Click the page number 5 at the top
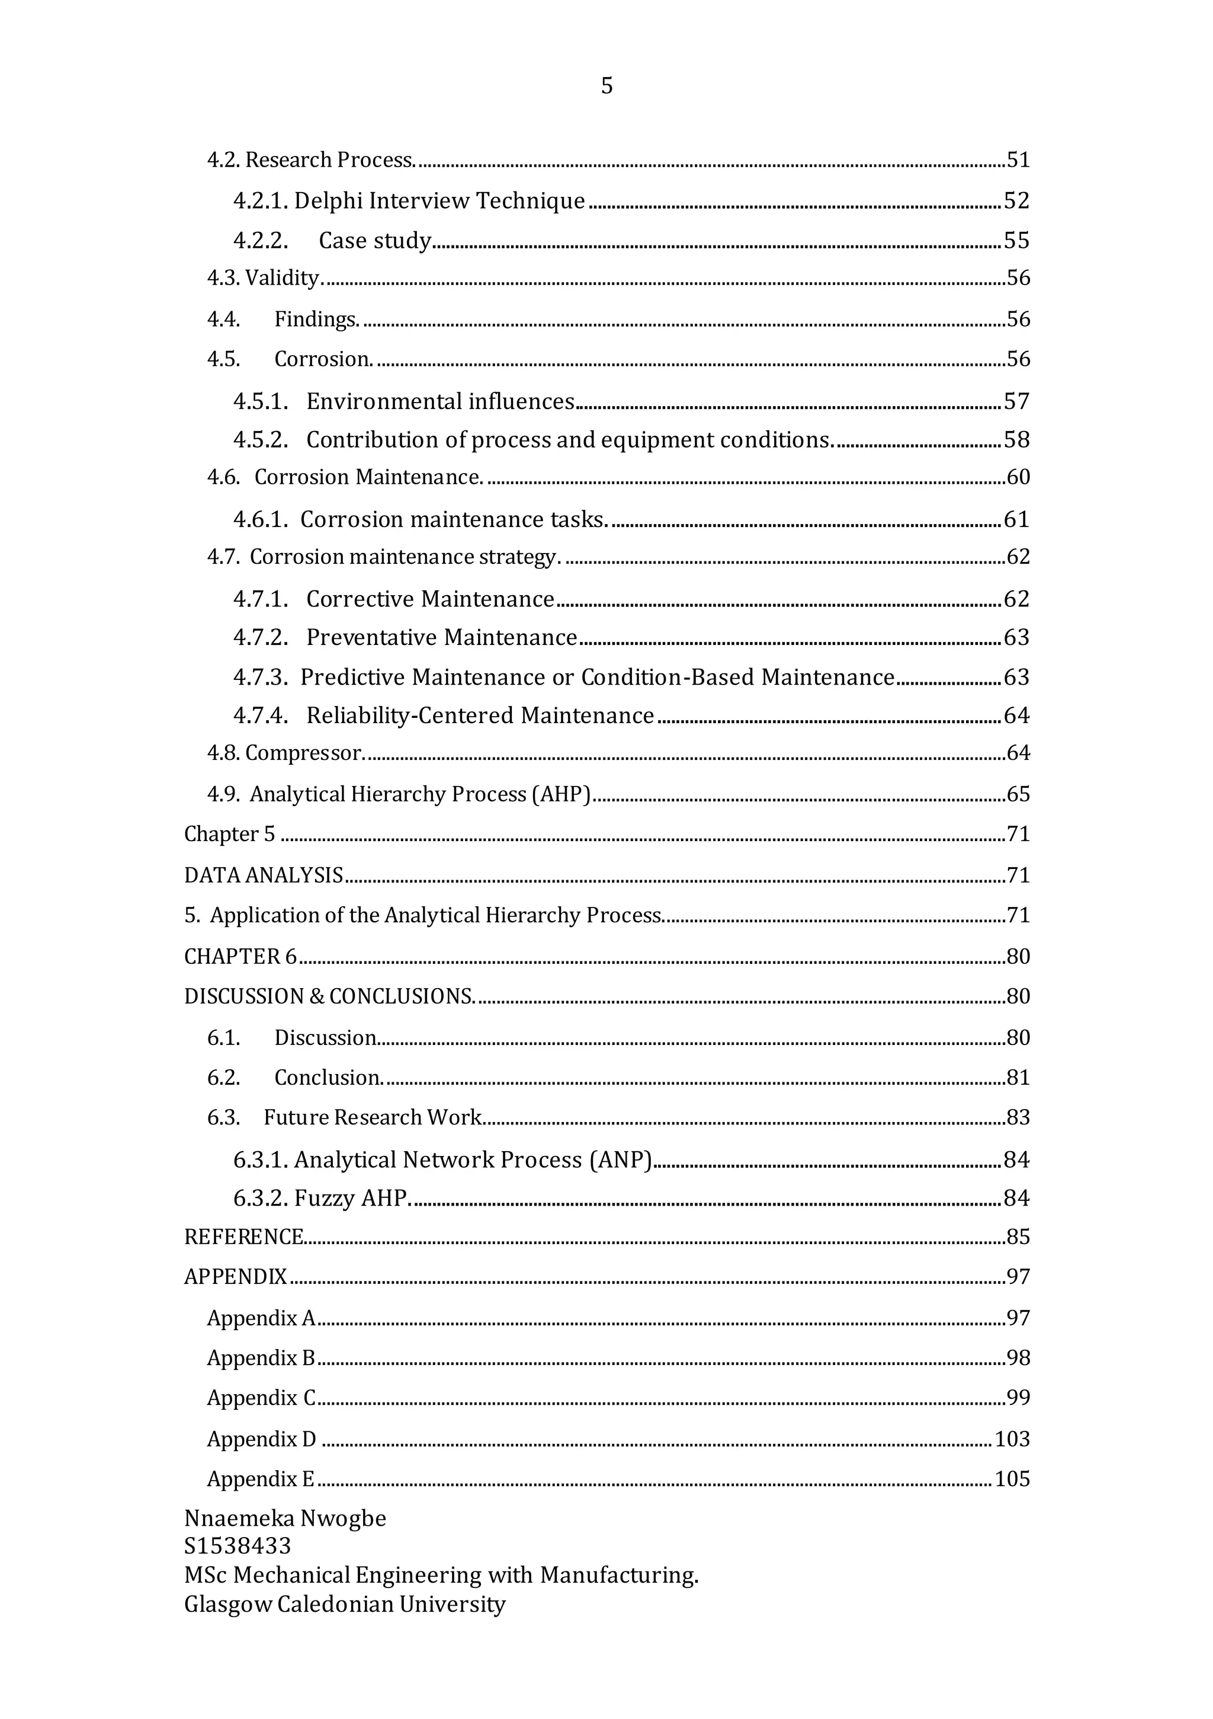coord(606,86)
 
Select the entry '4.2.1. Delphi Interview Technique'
coord(409,201)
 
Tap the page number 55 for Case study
coord(1016,240)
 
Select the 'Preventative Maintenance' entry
coord(441,638)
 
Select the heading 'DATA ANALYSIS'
coord(264,876)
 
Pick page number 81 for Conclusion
coord(1018,1078)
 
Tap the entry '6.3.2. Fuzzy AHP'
coord(321,1199)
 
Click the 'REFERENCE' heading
coord(244,1237)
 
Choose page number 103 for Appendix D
coord(1012,1439)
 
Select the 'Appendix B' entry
coord(261,1358)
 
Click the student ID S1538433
coord(238,1546)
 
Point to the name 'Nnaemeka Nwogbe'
coord(285,1518)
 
